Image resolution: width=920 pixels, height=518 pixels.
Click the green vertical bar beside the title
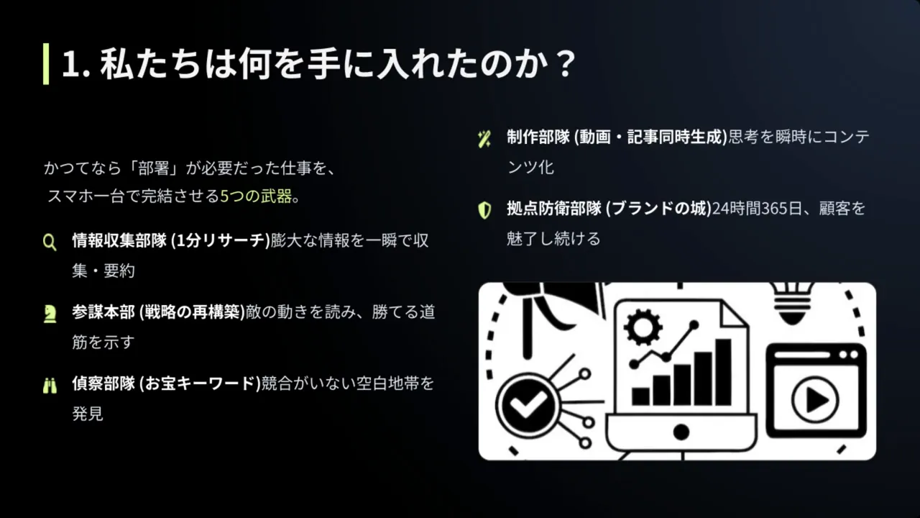46,64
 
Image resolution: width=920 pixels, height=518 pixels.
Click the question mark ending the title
566,65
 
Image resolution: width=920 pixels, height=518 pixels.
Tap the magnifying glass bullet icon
50,242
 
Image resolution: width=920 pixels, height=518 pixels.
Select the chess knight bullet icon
50,314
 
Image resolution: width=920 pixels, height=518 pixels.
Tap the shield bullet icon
484,210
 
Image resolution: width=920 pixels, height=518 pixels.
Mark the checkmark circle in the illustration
528,405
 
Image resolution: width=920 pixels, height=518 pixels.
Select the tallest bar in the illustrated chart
723,372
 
